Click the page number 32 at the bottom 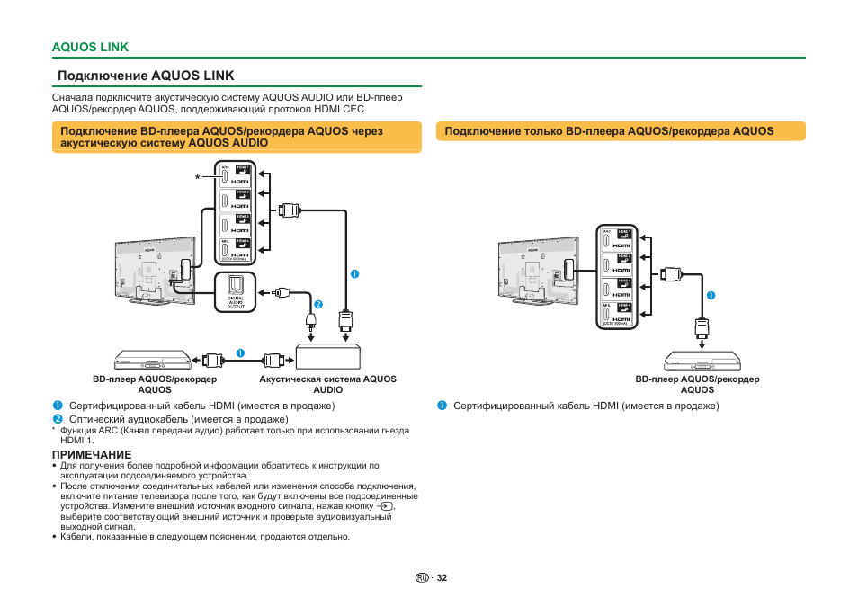(442, 577)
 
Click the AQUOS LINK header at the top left (90, 47)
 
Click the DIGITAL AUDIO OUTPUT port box (236, 292)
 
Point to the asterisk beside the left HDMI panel (197, 178)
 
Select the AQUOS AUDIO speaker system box (327, 357)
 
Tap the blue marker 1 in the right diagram (710, 295)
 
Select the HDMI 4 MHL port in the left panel (236, 248)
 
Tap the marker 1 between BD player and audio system (240, 351)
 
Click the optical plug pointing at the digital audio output (281, 292)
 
